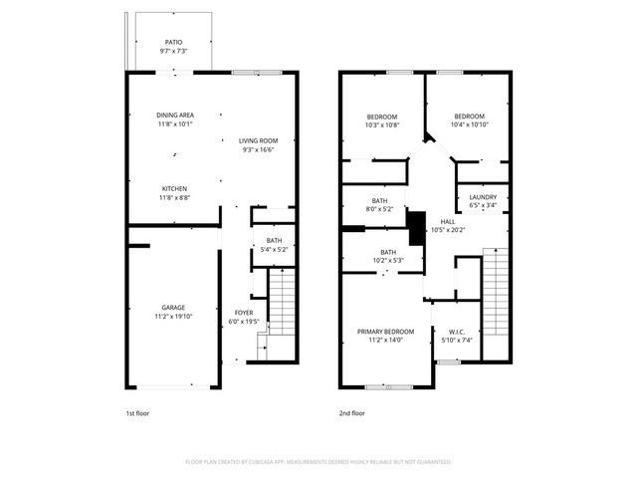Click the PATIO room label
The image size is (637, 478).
coord(173,47)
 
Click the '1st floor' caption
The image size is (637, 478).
coord(137,412)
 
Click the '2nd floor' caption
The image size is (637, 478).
coord(352,412)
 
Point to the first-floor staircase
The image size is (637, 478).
coord(282,304)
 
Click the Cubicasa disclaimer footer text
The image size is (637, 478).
coord(318,462)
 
